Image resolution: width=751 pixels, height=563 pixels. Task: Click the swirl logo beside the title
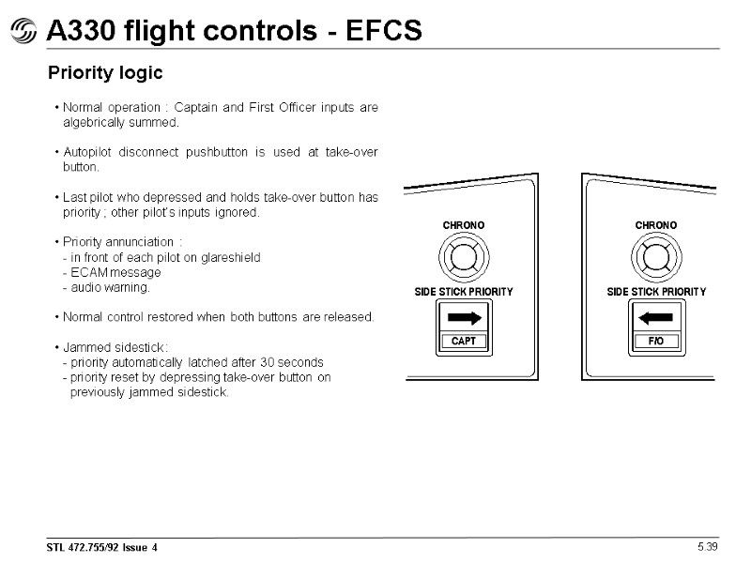point(24,33)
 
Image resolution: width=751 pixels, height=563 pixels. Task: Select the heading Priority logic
point(105,73)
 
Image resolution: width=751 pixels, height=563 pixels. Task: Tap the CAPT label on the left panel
point(464,342)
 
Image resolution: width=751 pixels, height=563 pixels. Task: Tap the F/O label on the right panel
point(656,342)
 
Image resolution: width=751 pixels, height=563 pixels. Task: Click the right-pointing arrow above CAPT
point(464,318)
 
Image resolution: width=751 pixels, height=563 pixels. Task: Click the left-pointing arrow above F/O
point(656,318)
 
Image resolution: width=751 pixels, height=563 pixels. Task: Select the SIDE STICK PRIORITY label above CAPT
point(464,292)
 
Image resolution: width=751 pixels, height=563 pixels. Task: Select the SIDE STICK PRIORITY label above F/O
point(656,292)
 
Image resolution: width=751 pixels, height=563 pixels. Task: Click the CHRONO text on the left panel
point(464,225)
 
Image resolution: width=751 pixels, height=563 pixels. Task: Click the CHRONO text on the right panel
point(656,225)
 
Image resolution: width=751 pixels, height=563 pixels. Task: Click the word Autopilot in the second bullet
point(89,152)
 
